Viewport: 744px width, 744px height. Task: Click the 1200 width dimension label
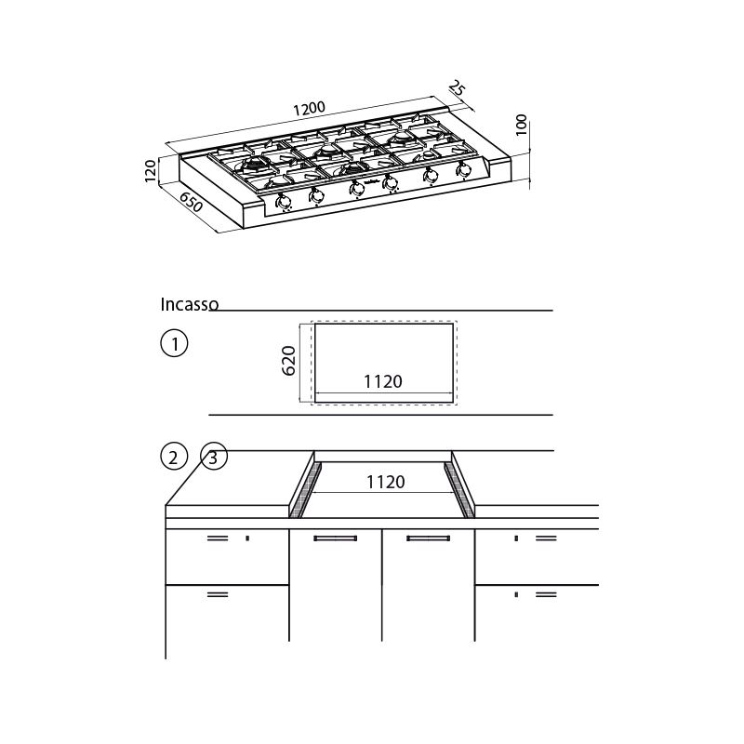pos(309,109)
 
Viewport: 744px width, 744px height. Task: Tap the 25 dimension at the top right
pos(457,88)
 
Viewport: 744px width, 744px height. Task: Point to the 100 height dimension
pos(521,125)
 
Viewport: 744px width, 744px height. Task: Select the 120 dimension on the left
pos(150,171)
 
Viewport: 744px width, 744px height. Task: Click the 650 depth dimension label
pos(191,201)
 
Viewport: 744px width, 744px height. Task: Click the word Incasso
pos(190,305)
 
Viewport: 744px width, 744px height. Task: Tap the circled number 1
pos(174,343)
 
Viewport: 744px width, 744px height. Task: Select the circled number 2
pos(174,457)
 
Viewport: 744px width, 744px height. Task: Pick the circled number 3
pos(214,457)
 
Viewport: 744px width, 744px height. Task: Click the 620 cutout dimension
pos(288,361)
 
